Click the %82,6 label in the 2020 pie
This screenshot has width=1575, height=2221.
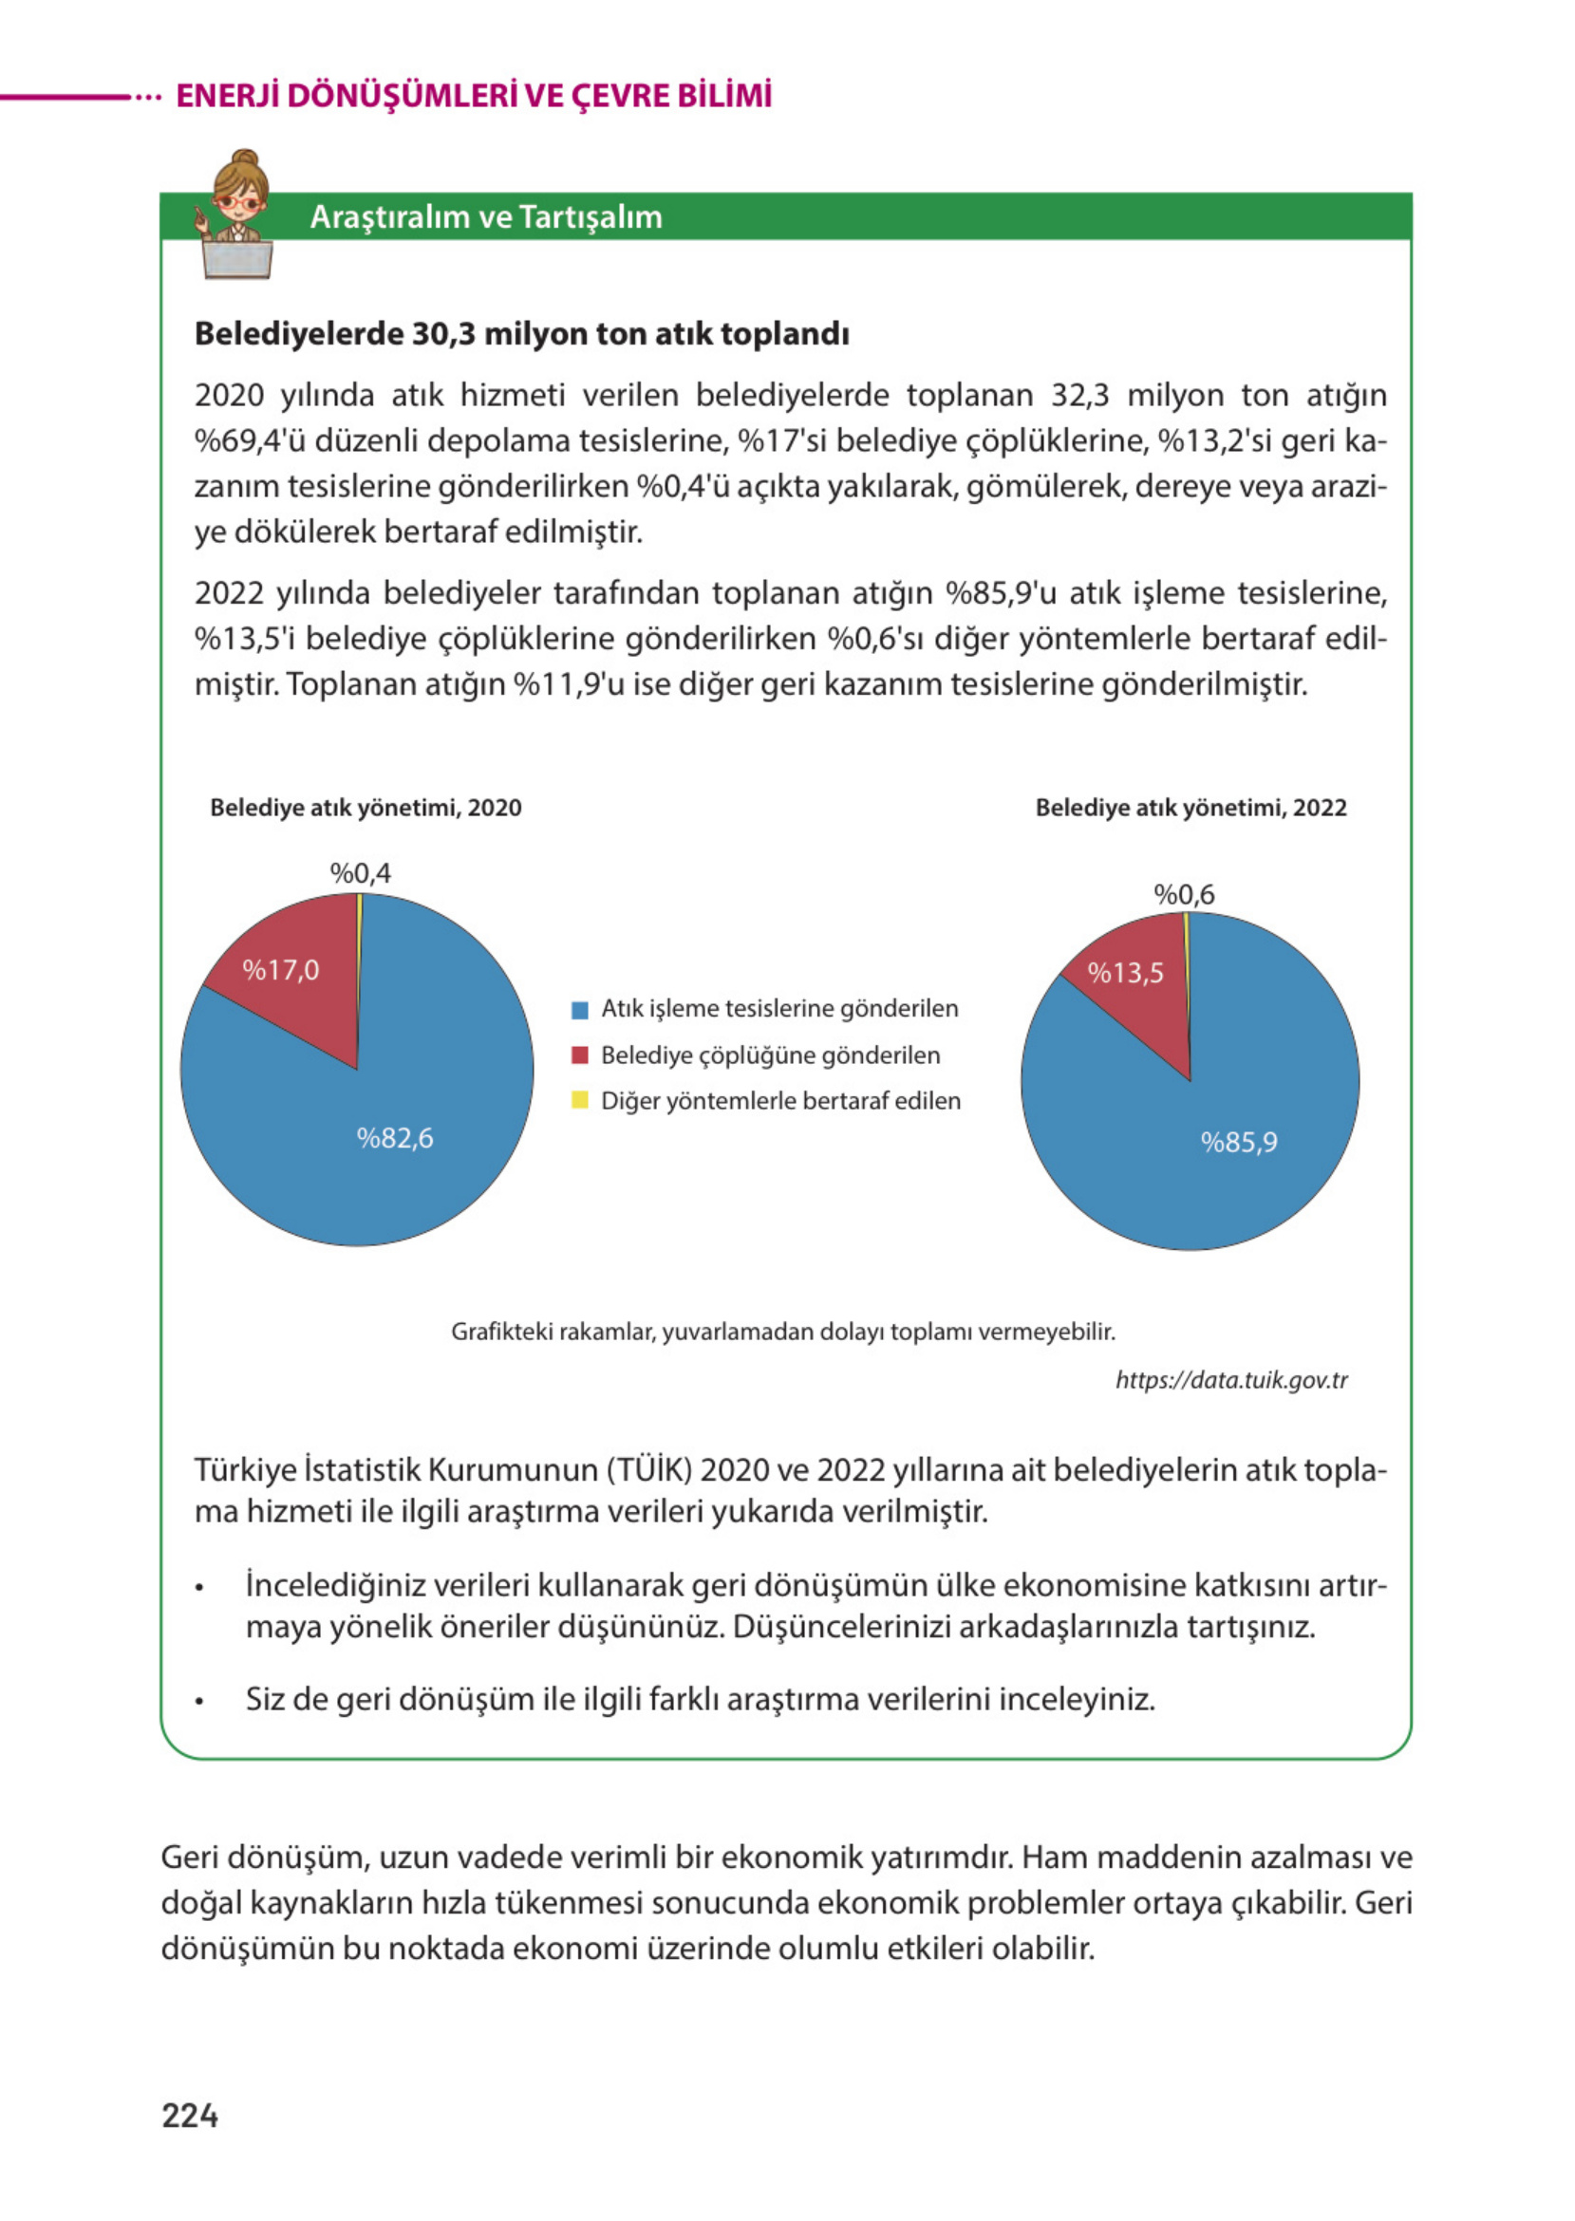coord(395,1137)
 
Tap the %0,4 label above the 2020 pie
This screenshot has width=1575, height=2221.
coord(360,872)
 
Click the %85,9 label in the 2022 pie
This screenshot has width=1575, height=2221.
coord(1239,1141)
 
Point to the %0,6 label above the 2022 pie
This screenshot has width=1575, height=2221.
coord(1183,894)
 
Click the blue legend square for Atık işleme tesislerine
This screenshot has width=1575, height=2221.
coord(580,1009)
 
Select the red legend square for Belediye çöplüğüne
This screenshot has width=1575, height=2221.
coord(580,1055)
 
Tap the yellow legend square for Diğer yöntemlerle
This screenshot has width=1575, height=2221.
coord(580,1100)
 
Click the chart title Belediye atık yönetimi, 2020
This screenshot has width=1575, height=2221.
coord(366,808)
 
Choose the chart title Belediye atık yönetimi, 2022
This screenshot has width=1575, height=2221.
coord(1190,808)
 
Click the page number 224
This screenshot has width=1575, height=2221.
coord(189,2116)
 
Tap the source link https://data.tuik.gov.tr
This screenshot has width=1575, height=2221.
coord(1230,1379)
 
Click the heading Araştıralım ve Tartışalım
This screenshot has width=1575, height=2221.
coord(486,217)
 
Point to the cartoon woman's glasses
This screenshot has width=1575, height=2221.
coord(237,202)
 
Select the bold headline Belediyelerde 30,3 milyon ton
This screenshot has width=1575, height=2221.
coord(522,333)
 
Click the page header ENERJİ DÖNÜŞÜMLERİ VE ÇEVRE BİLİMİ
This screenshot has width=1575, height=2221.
coord(474,96)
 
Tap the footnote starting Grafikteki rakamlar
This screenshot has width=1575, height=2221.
coord(782,1331)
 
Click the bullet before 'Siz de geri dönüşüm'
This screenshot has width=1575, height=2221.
coord(199,1702)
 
